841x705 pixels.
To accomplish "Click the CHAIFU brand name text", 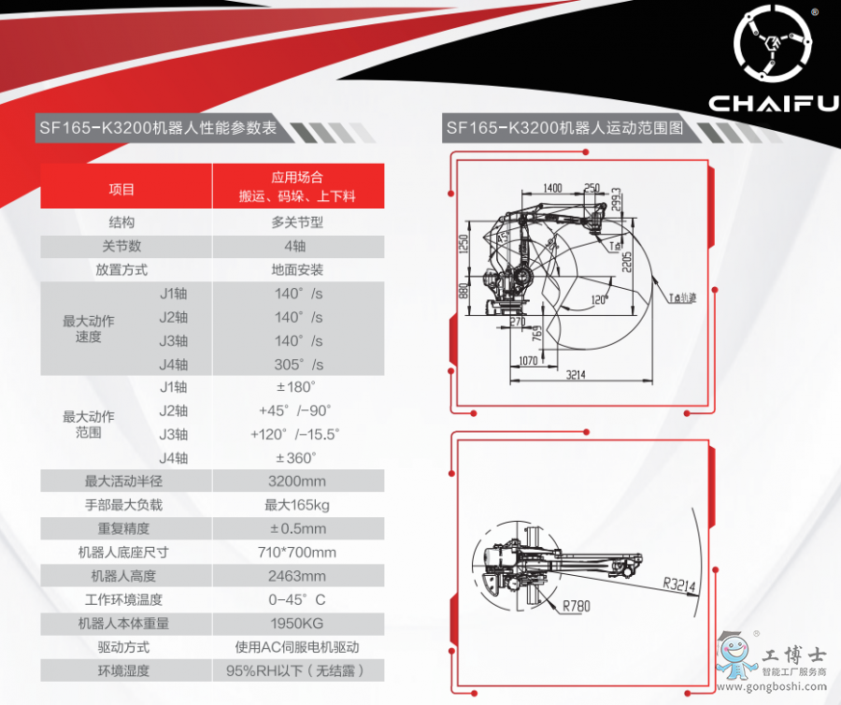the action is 774,104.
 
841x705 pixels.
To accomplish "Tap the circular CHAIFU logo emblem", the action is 773,43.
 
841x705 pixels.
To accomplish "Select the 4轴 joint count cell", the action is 295,246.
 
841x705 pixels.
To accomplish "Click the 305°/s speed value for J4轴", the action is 299,365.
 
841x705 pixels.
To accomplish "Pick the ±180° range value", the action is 295,387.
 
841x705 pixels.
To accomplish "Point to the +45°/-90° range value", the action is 295,411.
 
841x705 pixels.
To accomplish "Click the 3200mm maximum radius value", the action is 297,482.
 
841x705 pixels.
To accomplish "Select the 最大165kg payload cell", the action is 297,505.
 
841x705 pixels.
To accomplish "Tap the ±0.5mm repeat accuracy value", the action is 298,529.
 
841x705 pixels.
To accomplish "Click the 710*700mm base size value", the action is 297,553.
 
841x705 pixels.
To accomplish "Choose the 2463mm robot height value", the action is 297,576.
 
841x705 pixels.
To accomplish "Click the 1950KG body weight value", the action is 297,624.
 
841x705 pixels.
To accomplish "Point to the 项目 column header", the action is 121,190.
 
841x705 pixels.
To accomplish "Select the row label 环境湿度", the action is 123,671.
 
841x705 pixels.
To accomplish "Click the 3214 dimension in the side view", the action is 576,375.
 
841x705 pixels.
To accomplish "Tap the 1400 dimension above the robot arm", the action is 552,188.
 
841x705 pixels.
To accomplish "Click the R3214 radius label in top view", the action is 679,584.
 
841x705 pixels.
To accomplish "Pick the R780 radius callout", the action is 576,606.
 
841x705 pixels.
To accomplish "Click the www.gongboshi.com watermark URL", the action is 771,686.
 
